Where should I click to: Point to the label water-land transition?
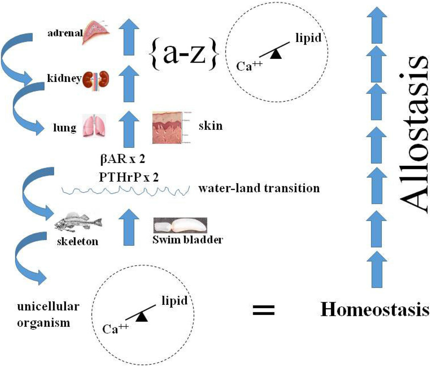coord(259,188)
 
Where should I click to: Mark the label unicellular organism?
coord(47,315)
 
